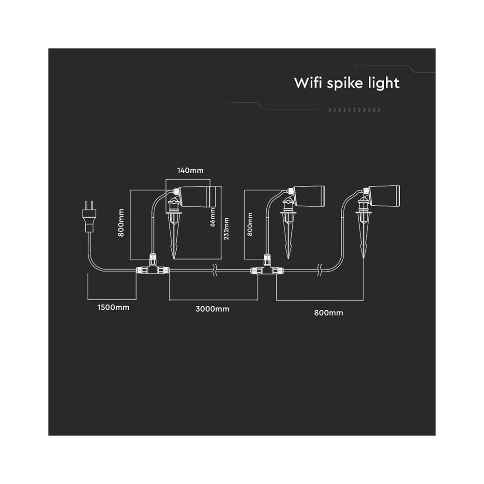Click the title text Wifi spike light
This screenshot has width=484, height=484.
[347, 83]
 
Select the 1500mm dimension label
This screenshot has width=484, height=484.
[113, 307]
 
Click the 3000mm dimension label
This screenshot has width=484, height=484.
[212, 309]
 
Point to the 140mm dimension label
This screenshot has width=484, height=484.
[190, 170]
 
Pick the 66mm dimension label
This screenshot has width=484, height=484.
[212, 217]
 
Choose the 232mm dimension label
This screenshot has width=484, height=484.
[226, 228]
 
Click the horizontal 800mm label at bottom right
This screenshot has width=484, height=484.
[329, 313]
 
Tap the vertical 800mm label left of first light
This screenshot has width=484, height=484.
[121, 223]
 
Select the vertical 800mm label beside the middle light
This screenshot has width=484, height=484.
[250, 224]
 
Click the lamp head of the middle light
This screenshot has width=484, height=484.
[309, 196]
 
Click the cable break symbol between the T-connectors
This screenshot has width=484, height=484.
[215, 270]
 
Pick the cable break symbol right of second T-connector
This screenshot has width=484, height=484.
[320, 270]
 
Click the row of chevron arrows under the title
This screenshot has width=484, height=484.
[354, 110]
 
